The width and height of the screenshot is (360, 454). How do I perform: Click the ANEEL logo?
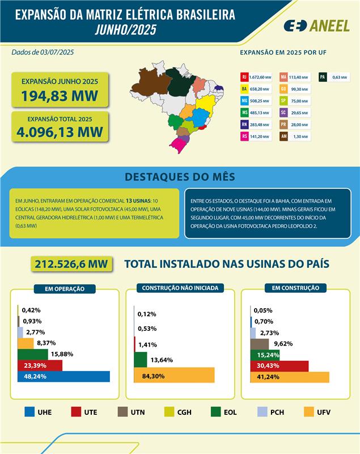tap(316, 26)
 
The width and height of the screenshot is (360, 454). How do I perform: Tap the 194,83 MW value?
tap(60, 96)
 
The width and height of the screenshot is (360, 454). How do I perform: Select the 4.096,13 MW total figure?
tap(60, 132)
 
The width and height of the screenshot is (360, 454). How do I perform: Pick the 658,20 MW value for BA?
tap(260, 89)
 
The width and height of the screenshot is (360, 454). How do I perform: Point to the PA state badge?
tap(322, 77)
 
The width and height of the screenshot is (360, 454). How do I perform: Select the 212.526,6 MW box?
tap(71, 264)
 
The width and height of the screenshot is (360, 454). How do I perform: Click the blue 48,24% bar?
tap(63, 376)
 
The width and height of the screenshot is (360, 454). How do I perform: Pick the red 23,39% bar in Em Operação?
tap(40, 365)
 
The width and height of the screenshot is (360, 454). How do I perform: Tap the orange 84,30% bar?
tap(174, 375)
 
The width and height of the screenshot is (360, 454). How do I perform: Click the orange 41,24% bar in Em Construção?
tap(290, 376)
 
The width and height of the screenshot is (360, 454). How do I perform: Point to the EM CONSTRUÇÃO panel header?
tap(295, 288)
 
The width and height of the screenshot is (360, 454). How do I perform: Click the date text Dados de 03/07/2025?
tap(43, 52)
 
